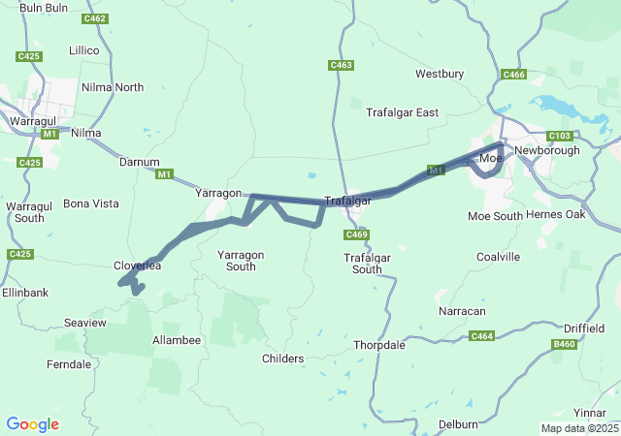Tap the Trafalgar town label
347,201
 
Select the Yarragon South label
241,261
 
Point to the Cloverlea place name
137,265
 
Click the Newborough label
547,150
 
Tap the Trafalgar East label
402,112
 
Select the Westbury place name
440,74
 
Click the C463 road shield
341,65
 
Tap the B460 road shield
564,344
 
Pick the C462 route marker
95,18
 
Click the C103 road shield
560,136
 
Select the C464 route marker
481,335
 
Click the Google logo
32,424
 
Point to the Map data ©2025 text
578,428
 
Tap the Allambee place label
177,340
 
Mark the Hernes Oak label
556,215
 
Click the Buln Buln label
44,8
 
